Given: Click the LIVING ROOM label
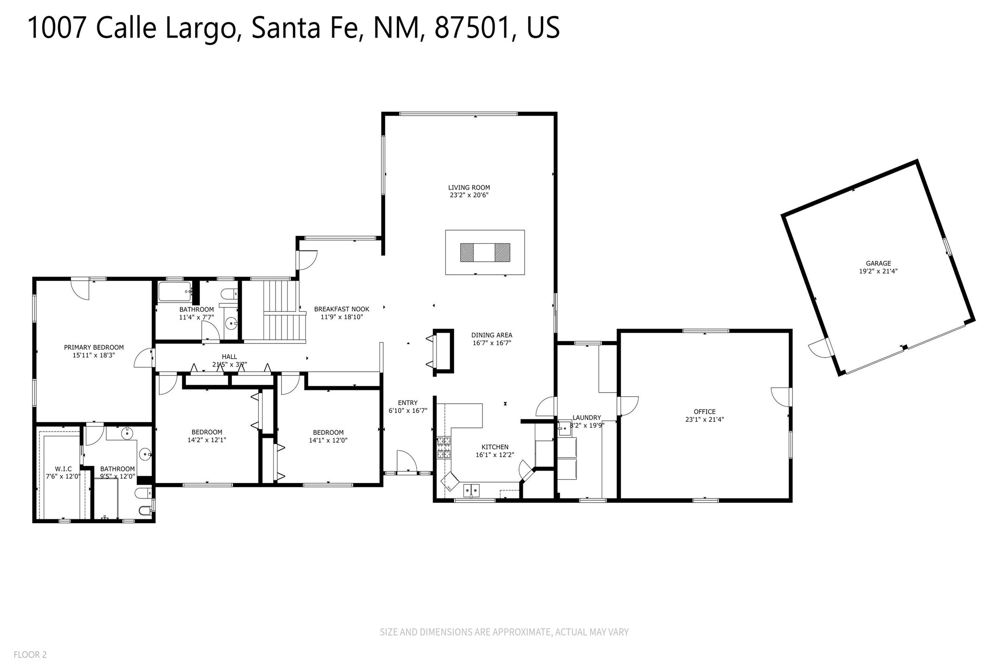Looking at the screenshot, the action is click(x=469, y=187).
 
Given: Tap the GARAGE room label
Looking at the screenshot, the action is click(x=879, y=263).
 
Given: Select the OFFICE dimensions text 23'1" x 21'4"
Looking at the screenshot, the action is click(x=705, y=420).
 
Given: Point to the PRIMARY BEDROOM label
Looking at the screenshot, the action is click(x=94, y=347).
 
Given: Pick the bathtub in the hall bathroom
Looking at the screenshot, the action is click(x=175, y=292).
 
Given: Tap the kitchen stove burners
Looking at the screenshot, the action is click(x=443, y=448).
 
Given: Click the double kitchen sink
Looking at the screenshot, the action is click(x=472, y=490).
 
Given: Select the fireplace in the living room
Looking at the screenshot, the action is click(x=485, y=252).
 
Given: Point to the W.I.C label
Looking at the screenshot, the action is click(x=63, y=469).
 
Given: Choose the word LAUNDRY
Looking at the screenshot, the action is click(x=587, y=418).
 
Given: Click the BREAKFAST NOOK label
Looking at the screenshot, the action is click(x=342, y=309).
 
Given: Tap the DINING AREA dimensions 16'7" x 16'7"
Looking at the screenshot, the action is click(x=492, y=343).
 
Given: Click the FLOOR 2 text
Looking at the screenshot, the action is click(x=30, y=655).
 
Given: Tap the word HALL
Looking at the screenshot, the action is click(x=229, y=356).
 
